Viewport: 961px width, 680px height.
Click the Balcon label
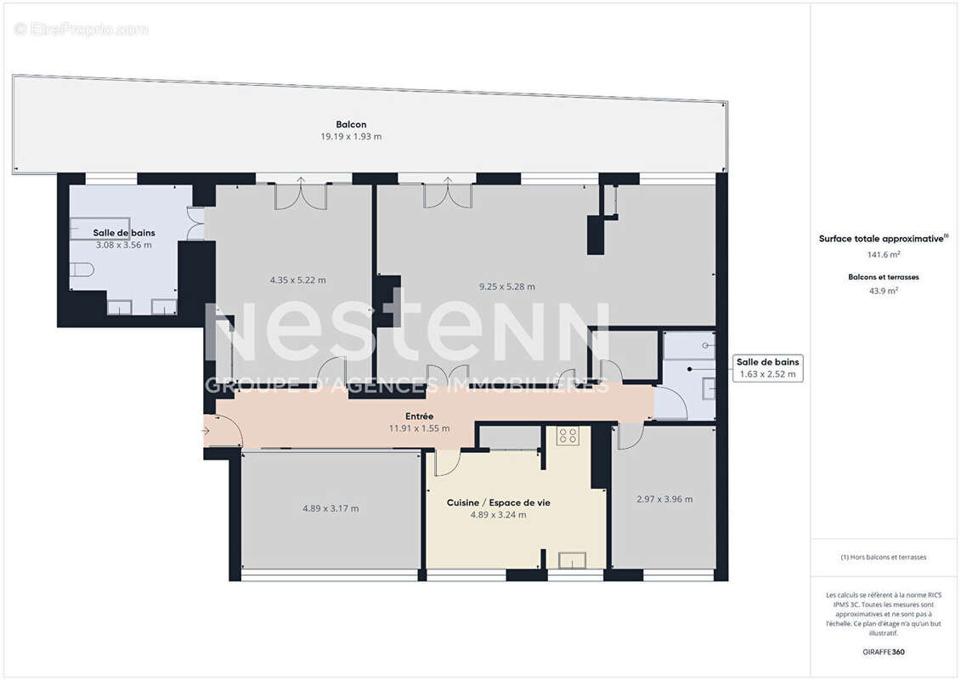click(351, 124)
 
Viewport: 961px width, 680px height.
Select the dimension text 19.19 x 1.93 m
click(351, 136)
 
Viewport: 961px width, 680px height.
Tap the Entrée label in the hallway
click(419, 416)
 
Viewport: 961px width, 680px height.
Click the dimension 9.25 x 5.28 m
click(507, 286)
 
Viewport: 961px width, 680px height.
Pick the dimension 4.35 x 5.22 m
click(297, 280)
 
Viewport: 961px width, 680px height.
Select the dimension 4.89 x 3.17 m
click(331, 508)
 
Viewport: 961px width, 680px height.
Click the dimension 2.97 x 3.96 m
click(664, 499)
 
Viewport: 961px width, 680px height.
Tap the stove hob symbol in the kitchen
click(567, 437)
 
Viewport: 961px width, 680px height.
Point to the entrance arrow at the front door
click(206, 431)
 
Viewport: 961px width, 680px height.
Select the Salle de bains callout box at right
click(767, 368)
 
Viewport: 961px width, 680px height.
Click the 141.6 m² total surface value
click(883, 254)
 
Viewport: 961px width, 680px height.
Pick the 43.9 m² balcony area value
click(883, 290)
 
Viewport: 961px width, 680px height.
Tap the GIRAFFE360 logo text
click(883, 652)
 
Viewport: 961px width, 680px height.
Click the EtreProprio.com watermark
click(82, 29)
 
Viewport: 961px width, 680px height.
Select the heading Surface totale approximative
click(881, 239)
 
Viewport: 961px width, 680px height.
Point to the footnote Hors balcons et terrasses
click(883, 557)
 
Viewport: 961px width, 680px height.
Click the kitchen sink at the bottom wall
click(572, 559)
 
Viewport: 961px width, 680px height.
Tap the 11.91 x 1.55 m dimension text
click(419, 428)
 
